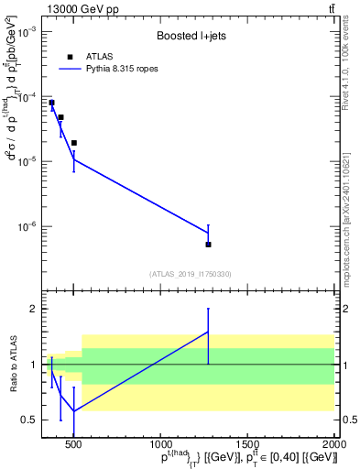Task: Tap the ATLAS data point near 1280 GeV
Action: point(208,245)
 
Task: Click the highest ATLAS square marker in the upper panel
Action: point(51,103)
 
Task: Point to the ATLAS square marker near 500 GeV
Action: point(73,143)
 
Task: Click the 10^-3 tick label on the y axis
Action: point(27,31)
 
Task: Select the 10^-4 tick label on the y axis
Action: point(27,96)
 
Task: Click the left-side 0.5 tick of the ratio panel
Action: point(31,420)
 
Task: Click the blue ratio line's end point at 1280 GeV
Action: point(208,332)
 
